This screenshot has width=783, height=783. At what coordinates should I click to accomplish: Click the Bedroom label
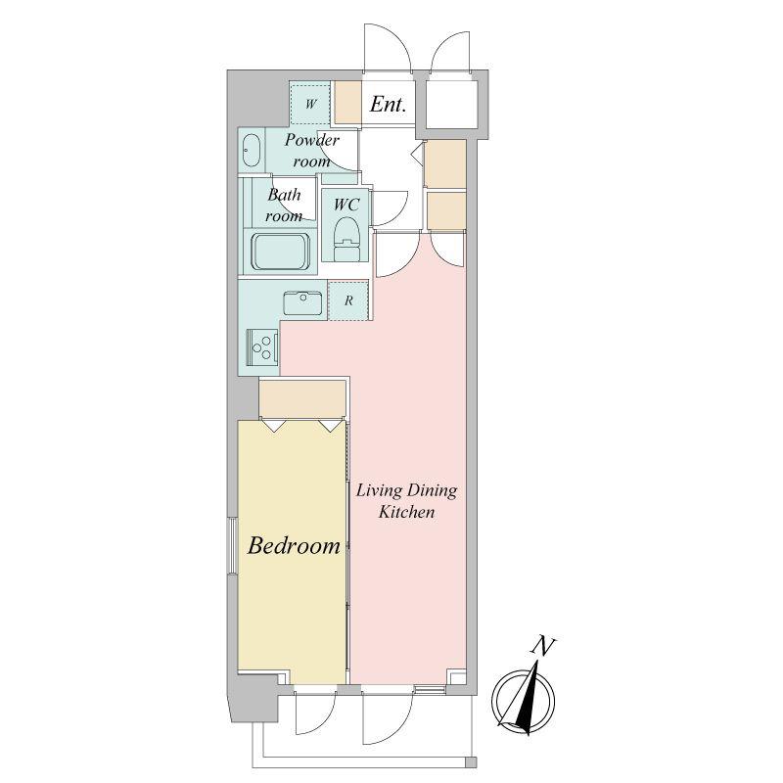click(x=294, y=545)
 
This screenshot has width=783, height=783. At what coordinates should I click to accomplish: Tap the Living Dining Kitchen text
click(x=406, y=501)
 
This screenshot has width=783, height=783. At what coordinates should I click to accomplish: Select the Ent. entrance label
click(x=388, y=105)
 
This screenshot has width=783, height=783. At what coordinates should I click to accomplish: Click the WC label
click(x=346, y=205)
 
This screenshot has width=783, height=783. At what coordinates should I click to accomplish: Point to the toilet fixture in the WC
click(x=346, y=240)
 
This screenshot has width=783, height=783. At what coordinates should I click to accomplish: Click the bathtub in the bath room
click(x=279, y=253)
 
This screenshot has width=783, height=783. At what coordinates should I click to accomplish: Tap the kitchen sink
click(x=302, y=303)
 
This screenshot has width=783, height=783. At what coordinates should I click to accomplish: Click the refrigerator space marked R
click(x=348, y=300)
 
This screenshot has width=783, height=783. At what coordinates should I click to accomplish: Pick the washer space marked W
click(x=310, y=104)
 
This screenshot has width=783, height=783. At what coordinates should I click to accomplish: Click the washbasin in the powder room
click(x=251, y=150)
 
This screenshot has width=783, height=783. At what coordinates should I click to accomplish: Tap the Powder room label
click(x=311, y=151)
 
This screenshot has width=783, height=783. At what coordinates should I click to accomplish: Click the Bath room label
click(x=284, y=205)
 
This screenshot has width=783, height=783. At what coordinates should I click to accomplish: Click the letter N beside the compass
click(x=543, y=646)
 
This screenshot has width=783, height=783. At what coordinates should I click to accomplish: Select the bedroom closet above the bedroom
click(x=302, y=398)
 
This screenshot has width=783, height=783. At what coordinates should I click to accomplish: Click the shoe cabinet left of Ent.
click(x=347, y=102)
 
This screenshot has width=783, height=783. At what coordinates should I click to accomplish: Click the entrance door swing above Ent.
click(x=388, y=48)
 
